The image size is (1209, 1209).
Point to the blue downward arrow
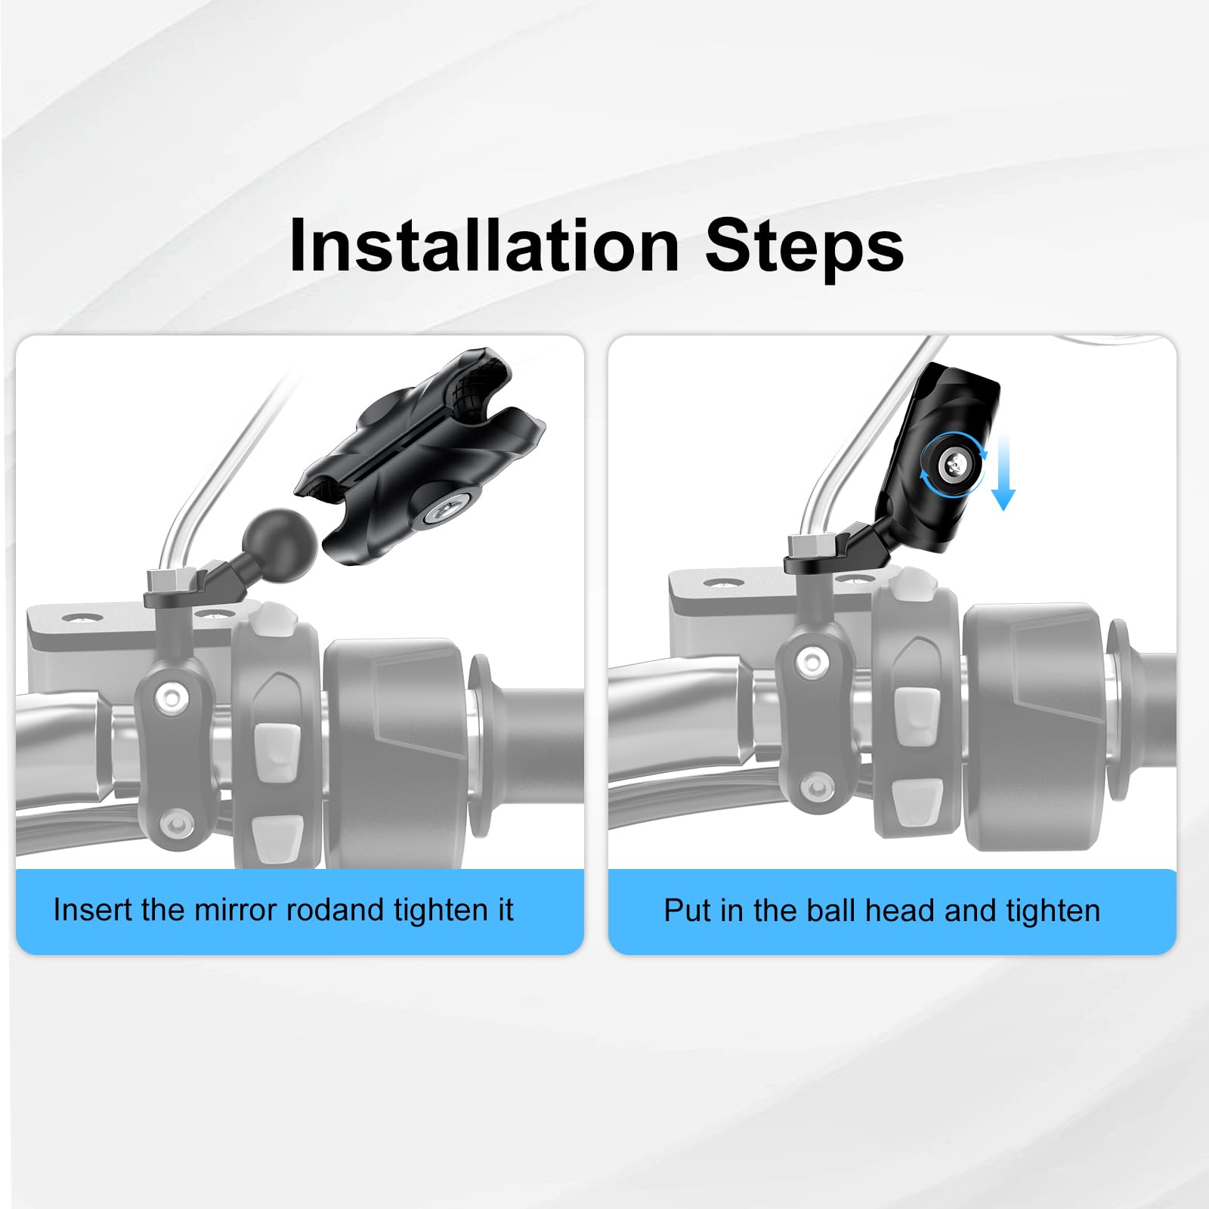click(1003, 473)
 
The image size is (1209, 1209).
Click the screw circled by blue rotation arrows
click(954, 465)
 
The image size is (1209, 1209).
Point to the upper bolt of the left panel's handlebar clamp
click(172, 697)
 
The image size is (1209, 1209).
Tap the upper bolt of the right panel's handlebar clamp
click(812, 662)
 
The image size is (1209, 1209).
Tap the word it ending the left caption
click(506, 910)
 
